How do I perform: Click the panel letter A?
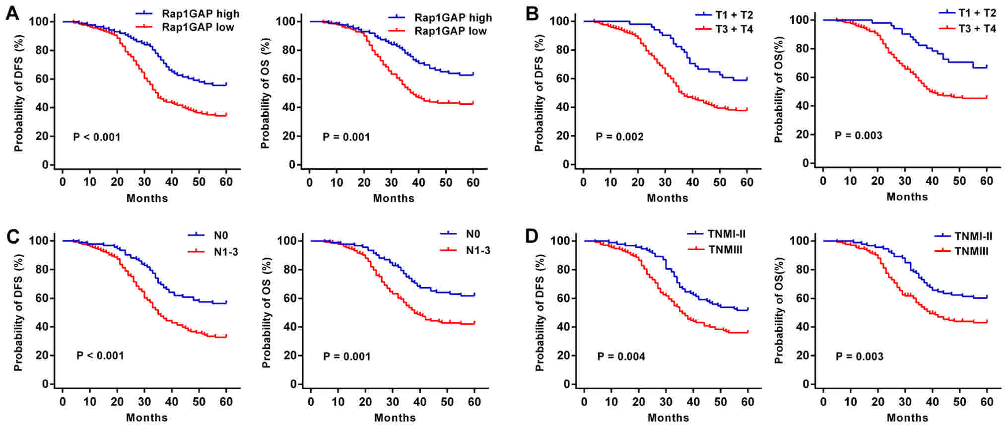[x=12, y=13]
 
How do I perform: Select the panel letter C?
[x=12, y=236]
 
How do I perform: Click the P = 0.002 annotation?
[x=619, y=137]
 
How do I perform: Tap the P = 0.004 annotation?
[x=621, y=356]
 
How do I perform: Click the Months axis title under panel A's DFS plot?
[x=147, y=199]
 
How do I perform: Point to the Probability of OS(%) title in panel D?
[x=779, y=310]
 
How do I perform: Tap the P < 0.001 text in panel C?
[x=100, y=356]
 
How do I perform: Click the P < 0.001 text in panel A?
[x=97, y=137]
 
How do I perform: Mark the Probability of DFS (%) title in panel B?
[x=539, y=93]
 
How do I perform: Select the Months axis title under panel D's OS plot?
[x=907, y=418]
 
